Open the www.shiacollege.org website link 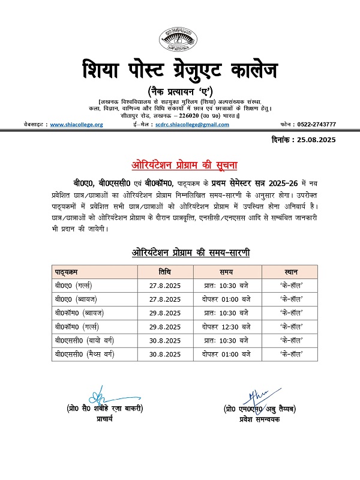(x=76, y=124)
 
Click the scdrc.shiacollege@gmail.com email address (x=191, y=124)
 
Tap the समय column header (x=226, y=271)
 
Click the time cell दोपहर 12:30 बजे (x=226, y=326)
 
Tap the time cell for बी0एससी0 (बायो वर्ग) (x=226, y=340)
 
